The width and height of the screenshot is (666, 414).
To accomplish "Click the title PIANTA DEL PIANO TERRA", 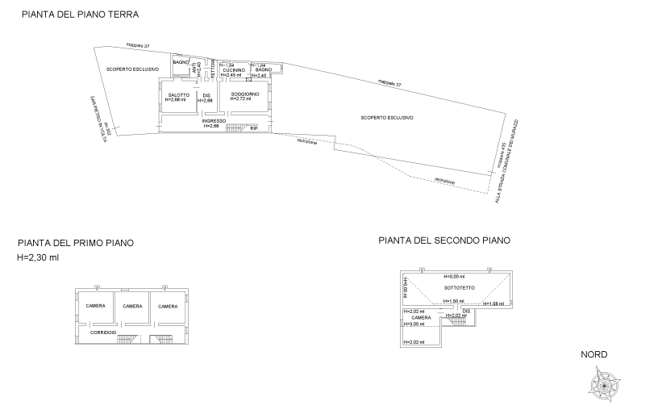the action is [x=80, y=15].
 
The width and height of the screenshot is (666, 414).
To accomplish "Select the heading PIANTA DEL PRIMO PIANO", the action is [x=75, y=242].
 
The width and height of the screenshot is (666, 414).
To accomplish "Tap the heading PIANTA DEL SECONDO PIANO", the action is [x=444, y=240].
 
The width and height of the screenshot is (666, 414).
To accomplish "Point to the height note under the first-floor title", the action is [x=38, y=257].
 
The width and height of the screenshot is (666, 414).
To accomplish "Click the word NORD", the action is [x=593, y=355].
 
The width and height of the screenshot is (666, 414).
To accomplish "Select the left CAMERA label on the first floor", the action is [x=94, y=306].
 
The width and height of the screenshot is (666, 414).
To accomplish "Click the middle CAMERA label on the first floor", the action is [x=132, y=306].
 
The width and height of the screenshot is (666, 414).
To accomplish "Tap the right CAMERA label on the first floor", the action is [x=169, y=306].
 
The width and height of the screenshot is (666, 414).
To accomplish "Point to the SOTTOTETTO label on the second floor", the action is [x=458, y=286].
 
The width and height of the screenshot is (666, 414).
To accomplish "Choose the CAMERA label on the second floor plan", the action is [x=420, y=318].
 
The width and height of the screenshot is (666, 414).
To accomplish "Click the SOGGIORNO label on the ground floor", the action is [x=245, y=95].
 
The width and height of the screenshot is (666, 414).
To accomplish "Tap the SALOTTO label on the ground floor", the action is [x=177, y=96].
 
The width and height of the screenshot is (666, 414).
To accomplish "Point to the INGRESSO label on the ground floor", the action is [x=211, y=122].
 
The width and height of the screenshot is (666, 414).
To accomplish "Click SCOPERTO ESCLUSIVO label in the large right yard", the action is [x=387, y=118].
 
